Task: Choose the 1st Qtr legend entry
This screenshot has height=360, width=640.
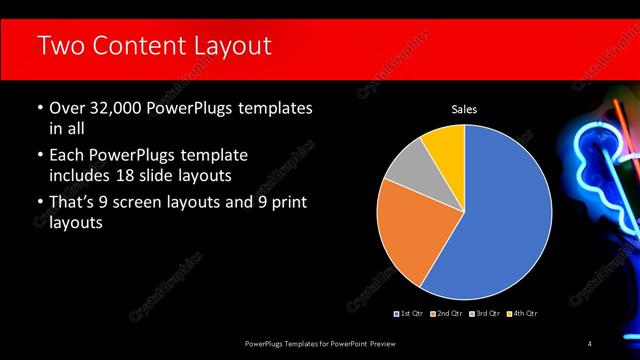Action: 411,314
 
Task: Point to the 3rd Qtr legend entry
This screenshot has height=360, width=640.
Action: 485,314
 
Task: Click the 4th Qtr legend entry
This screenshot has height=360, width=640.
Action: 523,314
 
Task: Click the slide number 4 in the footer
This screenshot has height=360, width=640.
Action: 590,344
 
